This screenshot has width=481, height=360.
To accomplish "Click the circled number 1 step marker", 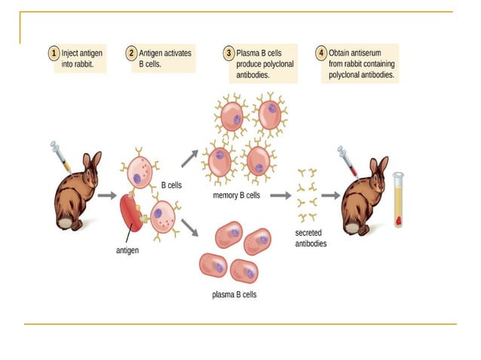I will [54, 53].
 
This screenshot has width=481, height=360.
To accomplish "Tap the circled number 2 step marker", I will [131, 53].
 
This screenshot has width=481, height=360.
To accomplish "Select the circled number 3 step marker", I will [228, 53].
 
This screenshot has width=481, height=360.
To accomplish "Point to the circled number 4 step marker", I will [322, 53].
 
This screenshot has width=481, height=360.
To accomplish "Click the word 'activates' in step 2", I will [175, 53].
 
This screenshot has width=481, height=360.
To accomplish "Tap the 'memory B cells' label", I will [237, 195].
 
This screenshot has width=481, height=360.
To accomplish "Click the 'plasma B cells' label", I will [234, 294].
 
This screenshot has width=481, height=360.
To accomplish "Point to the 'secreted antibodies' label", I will [311, 239].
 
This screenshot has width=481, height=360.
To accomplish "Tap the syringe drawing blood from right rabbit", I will [348, 161].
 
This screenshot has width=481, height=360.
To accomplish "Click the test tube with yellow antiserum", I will [397, 201].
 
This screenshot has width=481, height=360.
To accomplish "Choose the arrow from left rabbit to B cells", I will [106, 195].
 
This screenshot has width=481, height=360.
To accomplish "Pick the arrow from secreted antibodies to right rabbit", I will [329, 195].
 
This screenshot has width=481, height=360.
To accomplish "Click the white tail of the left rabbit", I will [66, 223].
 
